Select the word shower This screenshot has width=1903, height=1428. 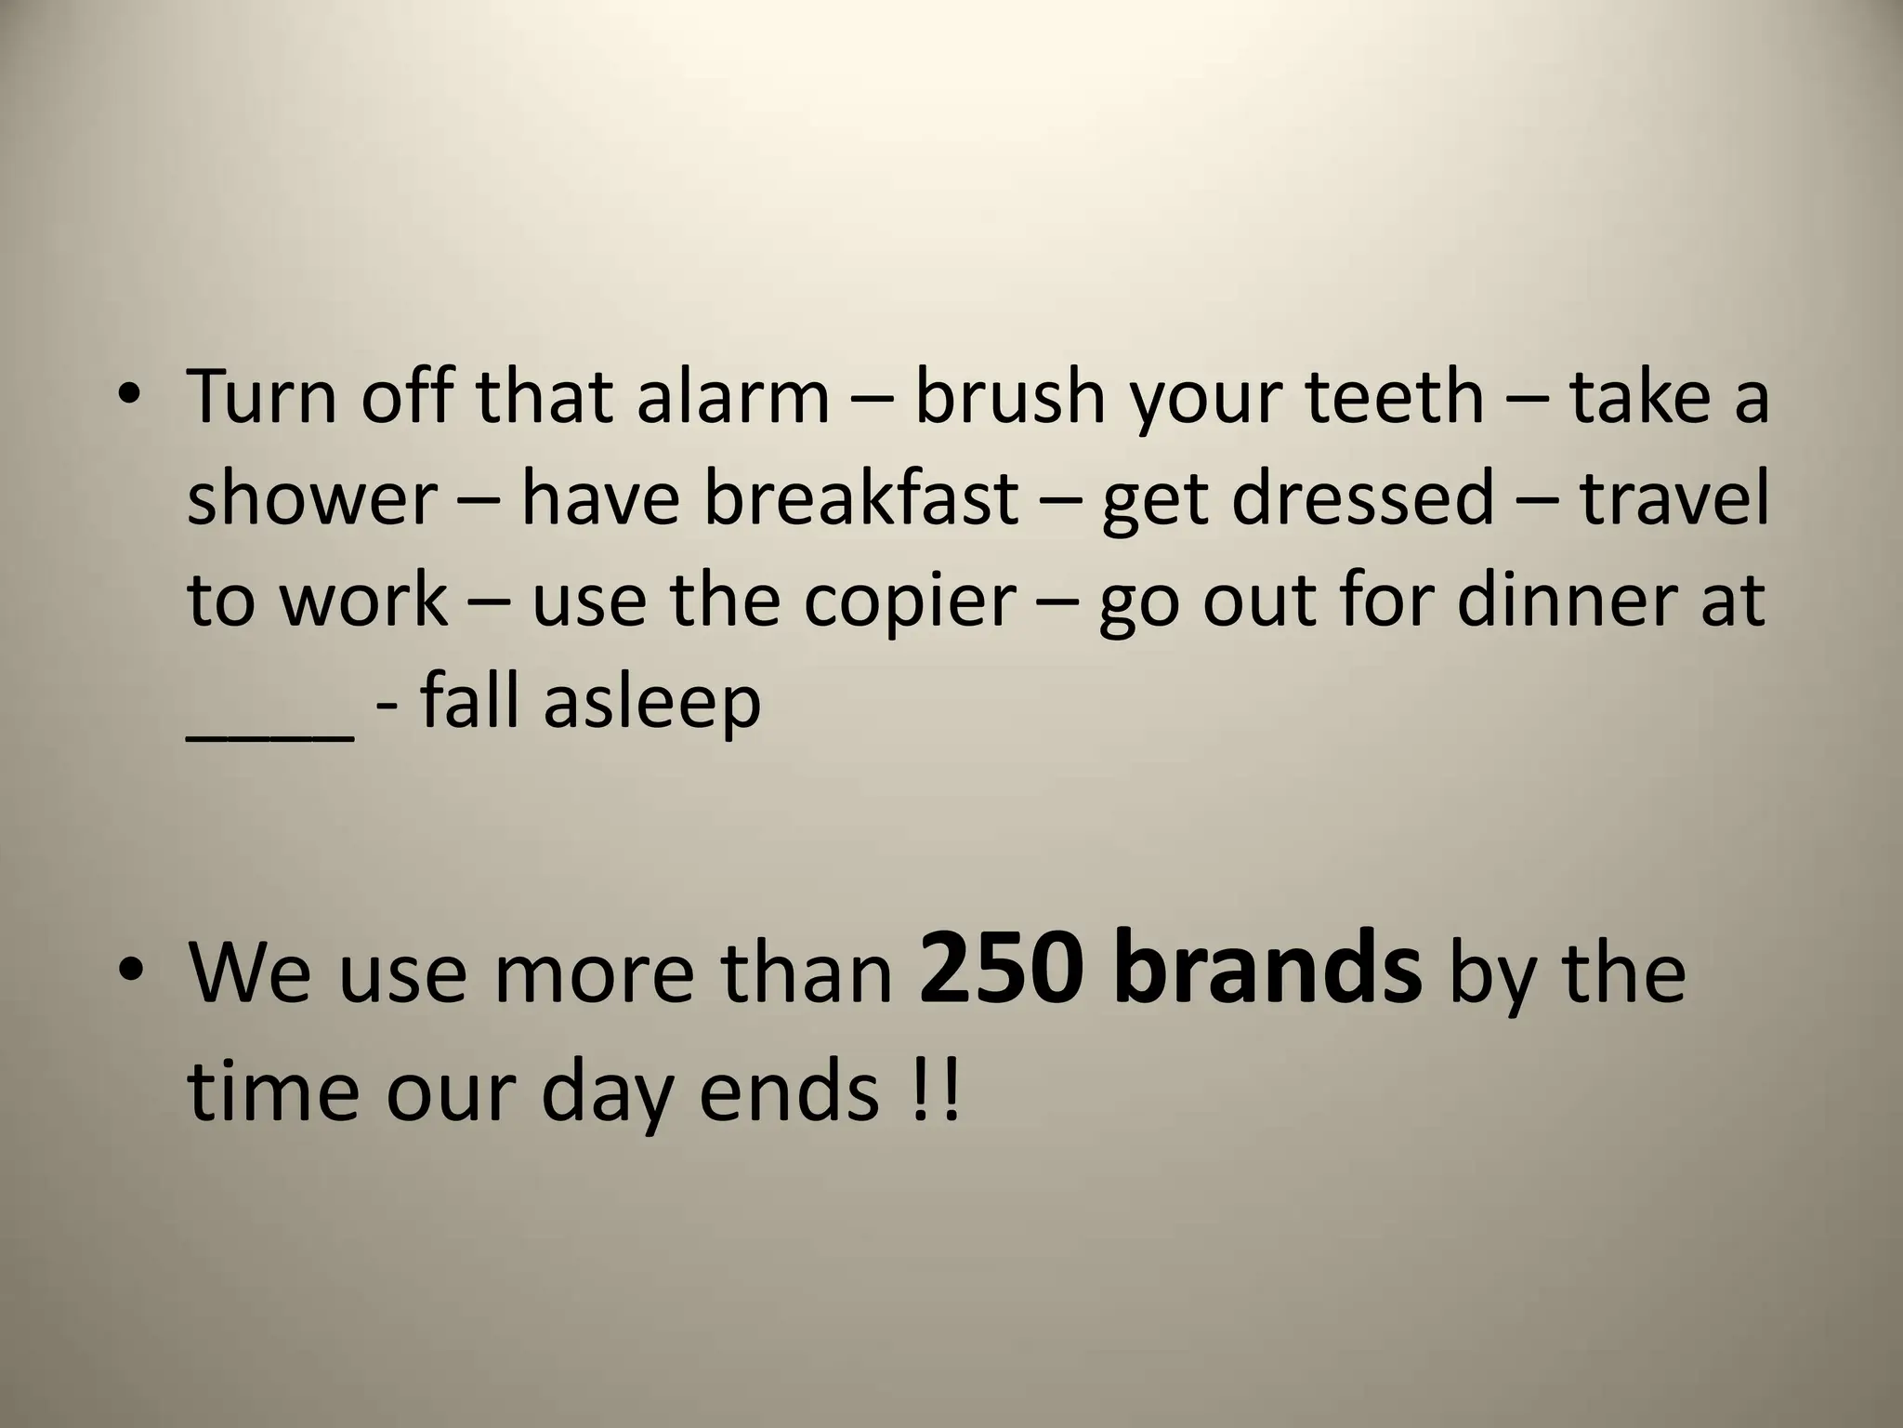point(311,498)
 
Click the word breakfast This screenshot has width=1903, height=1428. point(860,498)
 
